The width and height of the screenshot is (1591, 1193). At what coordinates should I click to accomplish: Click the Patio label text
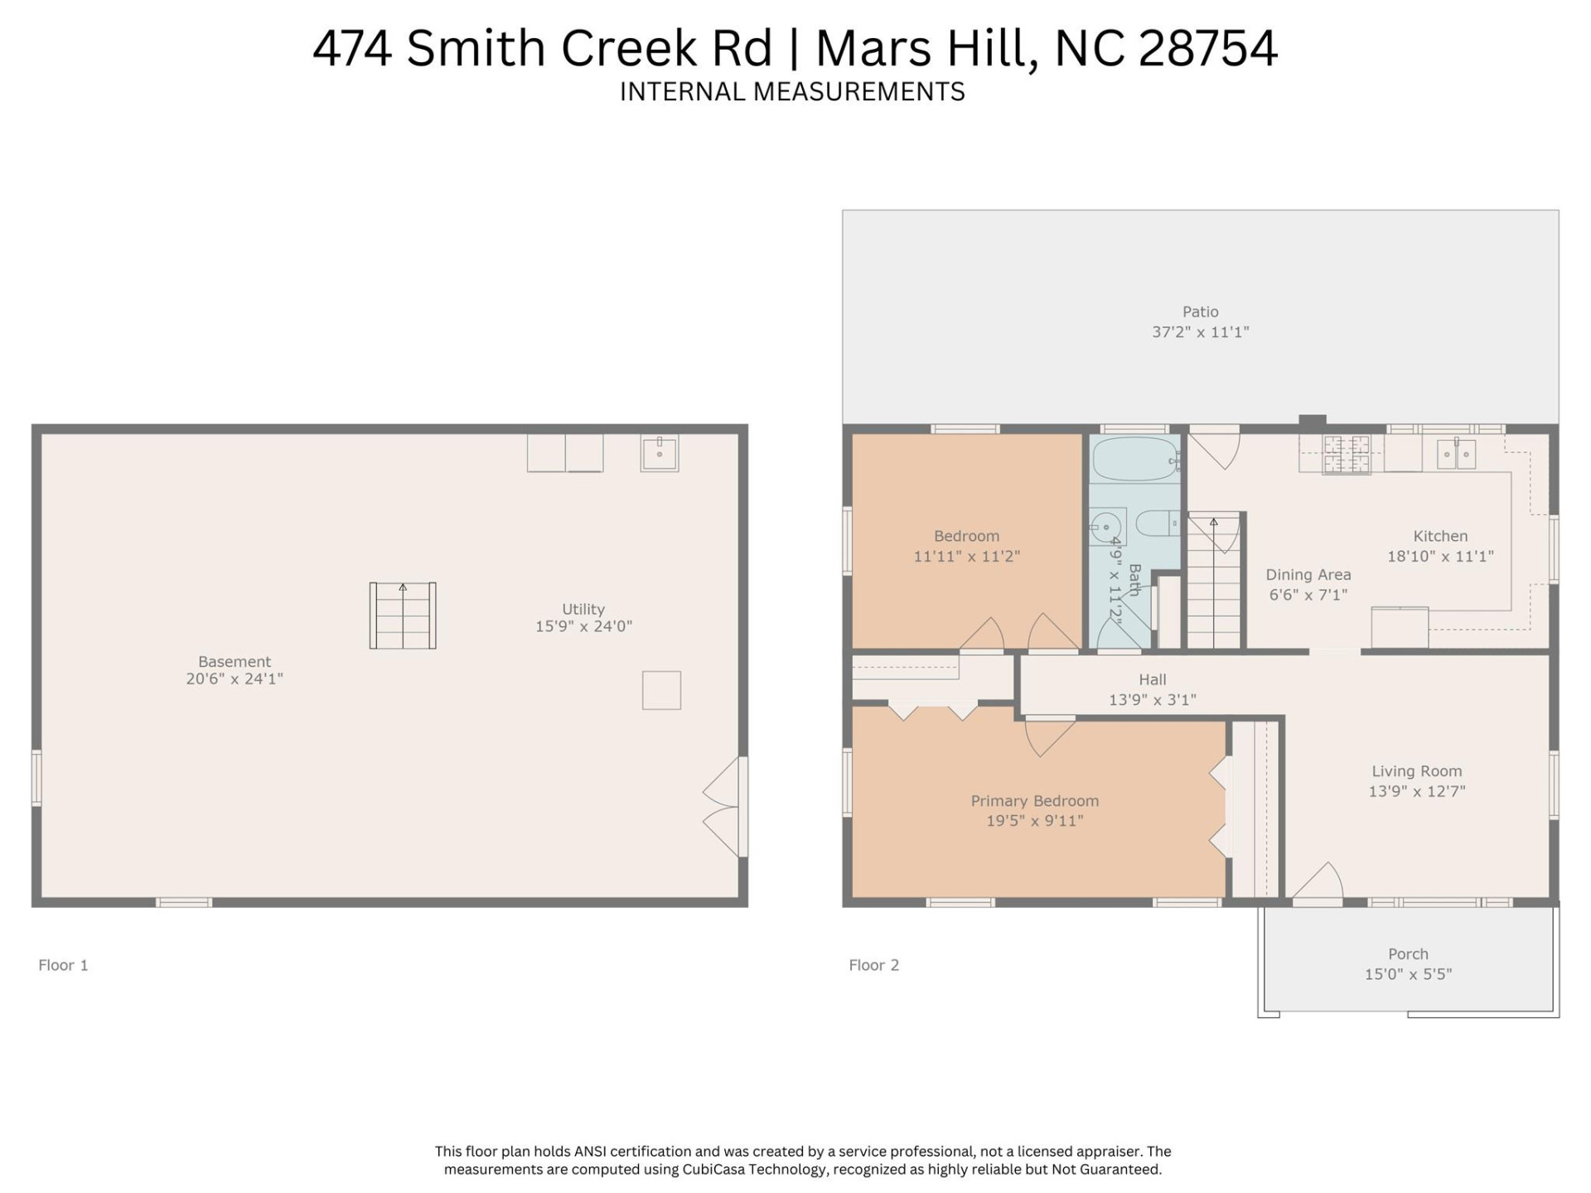pos(1200,312)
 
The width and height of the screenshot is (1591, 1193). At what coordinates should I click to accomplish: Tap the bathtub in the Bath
pos(1134,459)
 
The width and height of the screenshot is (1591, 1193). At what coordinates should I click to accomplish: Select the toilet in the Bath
pos(1155,524)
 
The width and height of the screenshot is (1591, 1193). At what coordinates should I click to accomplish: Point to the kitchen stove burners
pos(1347,455)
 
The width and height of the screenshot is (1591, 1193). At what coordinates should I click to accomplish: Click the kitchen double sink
pos(1456,454)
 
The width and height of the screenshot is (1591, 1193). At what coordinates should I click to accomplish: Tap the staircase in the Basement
pos(403,616)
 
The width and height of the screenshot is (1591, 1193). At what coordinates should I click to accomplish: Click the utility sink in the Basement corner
pos(660,453)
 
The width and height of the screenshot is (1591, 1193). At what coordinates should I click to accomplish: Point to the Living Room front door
pos(1318,883)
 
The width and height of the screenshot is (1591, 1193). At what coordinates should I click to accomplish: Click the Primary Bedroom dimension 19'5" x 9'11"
pos(1034,821)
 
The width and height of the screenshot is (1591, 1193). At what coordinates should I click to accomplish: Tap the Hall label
pos(1152,679)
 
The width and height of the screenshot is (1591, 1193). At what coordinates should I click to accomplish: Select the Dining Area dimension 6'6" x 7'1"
pos(1308,595)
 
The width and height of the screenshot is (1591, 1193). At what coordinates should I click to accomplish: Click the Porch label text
pos(1408,954)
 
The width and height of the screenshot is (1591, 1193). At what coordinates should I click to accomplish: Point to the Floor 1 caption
pos(63,965)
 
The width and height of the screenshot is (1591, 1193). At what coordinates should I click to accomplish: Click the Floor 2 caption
pos(873,965)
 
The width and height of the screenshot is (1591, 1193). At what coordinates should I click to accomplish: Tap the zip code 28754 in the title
pos(1207,48)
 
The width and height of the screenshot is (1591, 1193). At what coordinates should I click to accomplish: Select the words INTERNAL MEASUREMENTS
pos(792,92)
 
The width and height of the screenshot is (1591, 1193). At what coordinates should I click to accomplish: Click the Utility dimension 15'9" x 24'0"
pos(583,627)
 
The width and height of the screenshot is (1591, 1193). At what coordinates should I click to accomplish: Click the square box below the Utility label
pos(661,690)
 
